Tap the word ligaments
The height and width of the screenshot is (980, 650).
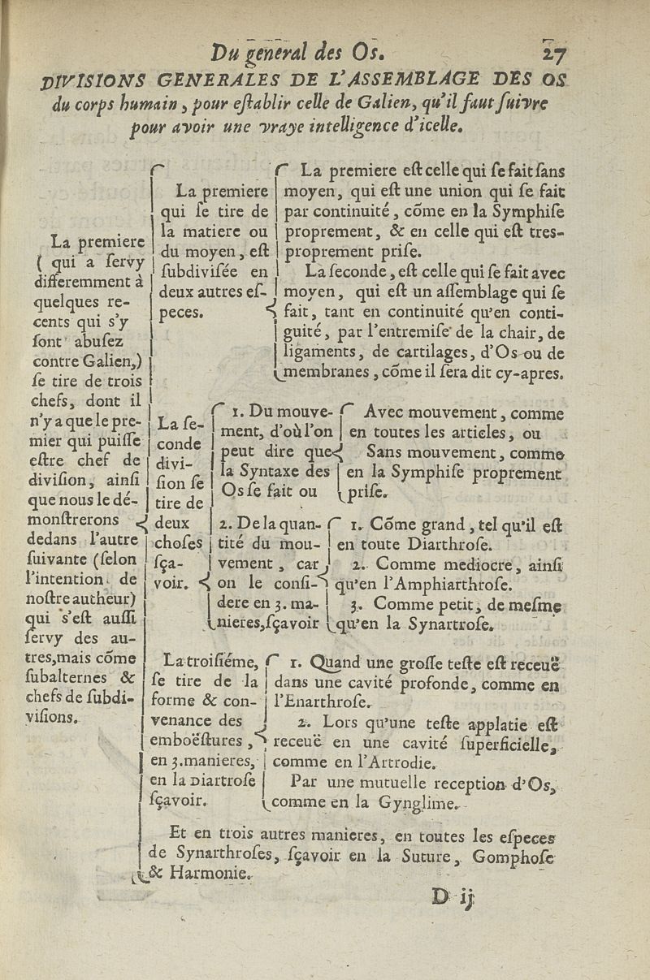pyautogui.click(x=315, y=353)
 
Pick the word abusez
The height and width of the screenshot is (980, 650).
pyautogui.click(x=98, y=343)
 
